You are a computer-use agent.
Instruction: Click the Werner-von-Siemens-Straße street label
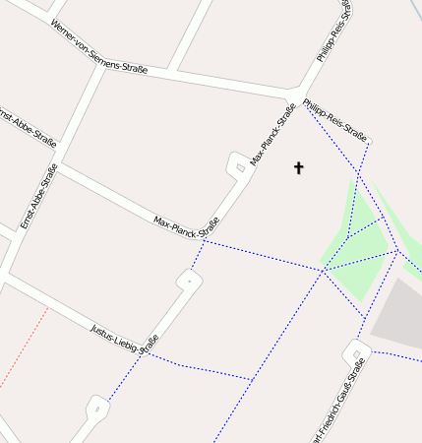(97, 47)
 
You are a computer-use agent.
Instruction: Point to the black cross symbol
(299, 168)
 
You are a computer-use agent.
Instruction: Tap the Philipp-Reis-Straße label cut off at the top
(335, 33)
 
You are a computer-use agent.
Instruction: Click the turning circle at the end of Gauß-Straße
(357, 349)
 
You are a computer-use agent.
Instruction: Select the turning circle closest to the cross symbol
(240, 166)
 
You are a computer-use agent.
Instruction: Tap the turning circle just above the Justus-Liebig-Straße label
(189, 282)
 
